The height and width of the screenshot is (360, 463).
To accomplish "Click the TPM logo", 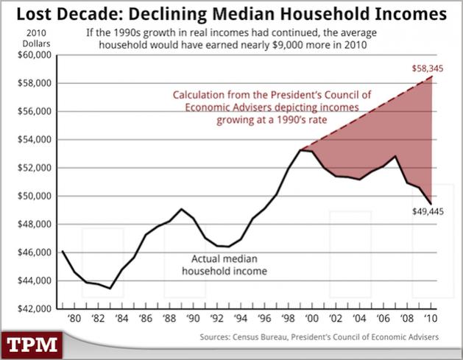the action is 32,345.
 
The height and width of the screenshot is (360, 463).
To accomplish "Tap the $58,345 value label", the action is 428,68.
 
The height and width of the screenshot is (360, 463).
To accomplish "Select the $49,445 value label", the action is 428,211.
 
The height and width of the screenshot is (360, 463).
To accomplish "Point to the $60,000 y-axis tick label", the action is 35,55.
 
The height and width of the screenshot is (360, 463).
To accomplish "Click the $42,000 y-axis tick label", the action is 35,308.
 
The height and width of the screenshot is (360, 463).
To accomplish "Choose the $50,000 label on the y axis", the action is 35,196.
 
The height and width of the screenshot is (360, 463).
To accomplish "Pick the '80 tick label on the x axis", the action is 74,318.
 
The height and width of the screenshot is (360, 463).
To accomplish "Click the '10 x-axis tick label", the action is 431,318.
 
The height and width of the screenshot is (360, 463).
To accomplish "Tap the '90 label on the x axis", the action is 193,318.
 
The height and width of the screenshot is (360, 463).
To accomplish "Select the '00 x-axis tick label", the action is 311,318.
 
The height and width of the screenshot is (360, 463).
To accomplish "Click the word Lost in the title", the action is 35,14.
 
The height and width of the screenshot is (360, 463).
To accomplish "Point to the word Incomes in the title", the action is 411,14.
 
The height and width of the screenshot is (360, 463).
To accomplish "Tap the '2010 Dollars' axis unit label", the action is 36,38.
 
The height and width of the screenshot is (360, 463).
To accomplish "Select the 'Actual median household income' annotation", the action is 225,265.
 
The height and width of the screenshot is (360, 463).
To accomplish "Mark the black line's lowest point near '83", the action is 110,289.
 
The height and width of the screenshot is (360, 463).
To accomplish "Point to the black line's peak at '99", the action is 300,150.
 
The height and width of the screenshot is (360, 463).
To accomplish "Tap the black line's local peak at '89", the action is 181,209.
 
